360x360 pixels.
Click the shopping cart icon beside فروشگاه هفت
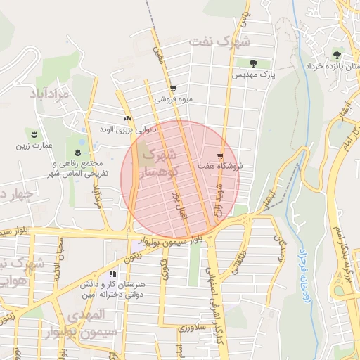[x=221, y=156]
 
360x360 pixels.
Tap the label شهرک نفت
[x=219, y=41]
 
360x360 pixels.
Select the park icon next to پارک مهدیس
[x=245, y=63]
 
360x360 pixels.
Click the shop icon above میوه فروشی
[x=173, y=89]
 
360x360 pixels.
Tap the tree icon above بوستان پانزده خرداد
[x=337, y=55]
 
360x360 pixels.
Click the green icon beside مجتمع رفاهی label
[x=77, y=153]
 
